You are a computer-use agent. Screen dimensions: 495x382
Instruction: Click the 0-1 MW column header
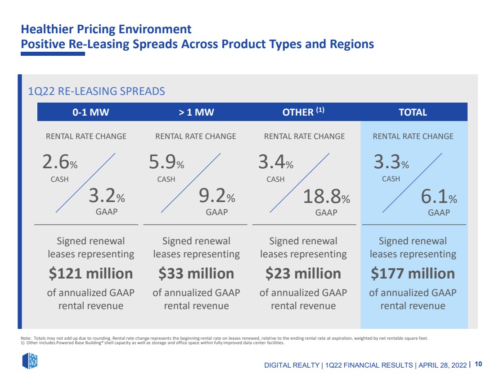pos(90,112)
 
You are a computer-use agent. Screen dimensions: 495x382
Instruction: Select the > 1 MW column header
pos(196,112)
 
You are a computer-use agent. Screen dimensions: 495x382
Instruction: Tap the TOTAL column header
pos(413,112)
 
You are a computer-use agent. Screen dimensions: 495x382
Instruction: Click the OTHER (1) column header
pos(303,112)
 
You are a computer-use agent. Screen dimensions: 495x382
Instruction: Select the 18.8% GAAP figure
pos(326,196)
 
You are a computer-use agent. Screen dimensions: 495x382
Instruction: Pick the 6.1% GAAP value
pos(439,196)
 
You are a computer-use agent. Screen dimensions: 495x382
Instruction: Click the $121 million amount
pos(91,274)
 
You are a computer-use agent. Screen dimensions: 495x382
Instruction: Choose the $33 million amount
pos(196,274)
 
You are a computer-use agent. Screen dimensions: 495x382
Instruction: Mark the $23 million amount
pos(303,274)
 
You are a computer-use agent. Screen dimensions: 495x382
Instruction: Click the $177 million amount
pos(413,274)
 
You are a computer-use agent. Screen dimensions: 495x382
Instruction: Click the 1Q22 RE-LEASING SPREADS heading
pos(97,91)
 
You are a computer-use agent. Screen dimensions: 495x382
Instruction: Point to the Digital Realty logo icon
pos(30,361)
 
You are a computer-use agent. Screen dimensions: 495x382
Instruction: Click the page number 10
pos(479,364)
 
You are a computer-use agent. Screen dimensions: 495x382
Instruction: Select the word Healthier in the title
pos(47,29)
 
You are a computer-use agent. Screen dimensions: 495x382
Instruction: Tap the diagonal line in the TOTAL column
pos(412,183)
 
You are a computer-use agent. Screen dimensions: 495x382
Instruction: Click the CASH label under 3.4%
pos(275,180)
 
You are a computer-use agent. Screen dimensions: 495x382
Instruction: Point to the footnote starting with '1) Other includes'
pos(153,343)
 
